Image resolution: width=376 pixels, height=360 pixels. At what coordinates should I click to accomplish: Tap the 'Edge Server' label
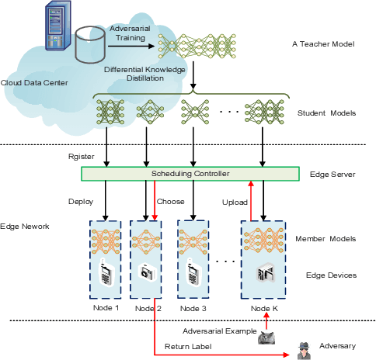[x=332, y=175]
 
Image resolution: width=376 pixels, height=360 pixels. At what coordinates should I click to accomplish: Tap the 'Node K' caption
[x=264, y=308]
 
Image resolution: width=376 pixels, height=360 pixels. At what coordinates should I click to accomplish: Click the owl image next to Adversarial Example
[x=266, y=338]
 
